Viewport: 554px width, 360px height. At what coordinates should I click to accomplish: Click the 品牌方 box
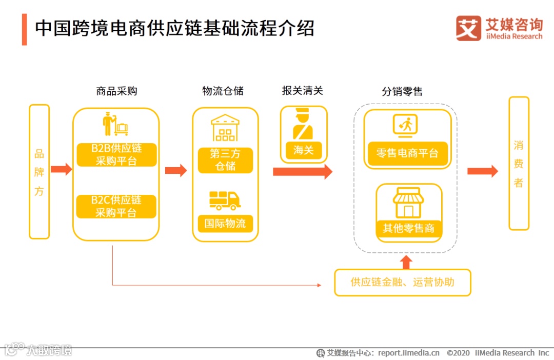[x=39, y=172]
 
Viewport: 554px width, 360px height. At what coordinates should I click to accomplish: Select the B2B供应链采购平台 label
[x=116, y=155]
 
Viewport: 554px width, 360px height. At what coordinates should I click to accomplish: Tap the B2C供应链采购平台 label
[x=116, y=206]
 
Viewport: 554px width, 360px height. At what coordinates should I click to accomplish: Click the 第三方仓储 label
[x=225, y=160]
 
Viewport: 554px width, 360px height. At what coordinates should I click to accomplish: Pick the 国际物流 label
[x=225, y=224]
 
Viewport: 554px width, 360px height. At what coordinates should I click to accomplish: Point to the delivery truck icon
[x=225, y=200]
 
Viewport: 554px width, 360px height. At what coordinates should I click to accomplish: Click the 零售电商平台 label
[x=407, y=153]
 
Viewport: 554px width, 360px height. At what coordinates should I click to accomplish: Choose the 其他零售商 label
[x=408, y=228]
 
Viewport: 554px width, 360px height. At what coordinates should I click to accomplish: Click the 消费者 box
[x=519, y=163]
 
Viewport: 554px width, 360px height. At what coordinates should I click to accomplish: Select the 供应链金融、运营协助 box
[x=403, y=282]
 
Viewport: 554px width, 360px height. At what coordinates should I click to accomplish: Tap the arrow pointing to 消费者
[x=482, y=171]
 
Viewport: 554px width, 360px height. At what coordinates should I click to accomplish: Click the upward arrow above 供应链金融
[x=406, y=262]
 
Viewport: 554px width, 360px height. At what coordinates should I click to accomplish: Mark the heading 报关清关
[x=302, y=91]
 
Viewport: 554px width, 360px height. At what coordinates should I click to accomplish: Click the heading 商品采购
[x=116, y=91]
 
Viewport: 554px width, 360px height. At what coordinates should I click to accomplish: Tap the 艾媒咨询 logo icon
[x=468, y=28]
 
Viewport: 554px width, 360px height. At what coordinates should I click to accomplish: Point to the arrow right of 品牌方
[x=61, y=169]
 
